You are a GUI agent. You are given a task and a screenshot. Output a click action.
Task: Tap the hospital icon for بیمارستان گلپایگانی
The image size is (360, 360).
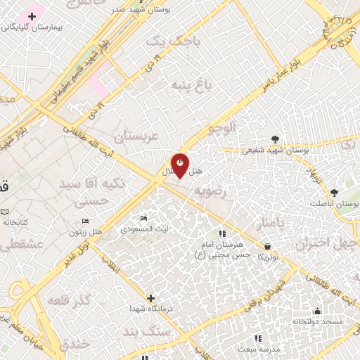[32, 15]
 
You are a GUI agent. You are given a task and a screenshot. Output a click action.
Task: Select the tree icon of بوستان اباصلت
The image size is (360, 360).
[334, 193]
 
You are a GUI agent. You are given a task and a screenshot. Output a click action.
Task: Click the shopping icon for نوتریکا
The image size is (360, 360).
[268, 245]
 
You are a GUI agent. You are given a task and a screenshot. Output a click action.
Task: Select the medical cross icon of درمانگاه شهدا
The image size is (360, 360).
[149, 297]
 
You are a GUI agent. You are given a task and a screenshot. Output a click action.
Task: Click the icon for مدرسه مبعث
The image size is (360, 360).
[258, 337]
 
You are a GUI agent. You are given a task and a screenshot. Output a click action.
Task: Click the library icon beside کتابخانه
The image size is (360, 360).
[6, 212]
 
